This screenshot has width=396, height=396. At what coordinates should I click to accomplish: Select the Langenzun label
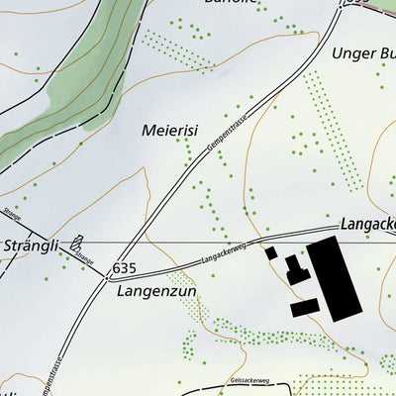pos(157,292)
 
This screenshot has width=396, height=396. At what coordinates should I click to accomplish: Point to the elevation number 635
pos(124,268)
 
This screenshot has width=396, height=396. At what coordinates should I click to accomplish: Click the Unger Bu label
pos(350,53)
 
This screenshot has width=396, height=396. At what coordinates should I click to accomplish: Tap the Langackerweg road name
pos(223,255)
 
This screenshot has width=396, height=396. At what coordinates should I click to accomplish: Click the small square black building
pos(271,253)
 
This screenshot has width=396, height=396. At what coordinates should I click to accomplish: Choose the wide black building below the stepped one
pos(303,308)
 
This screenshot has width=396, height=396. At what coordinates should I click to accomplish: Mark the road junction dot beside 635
pos(107,277)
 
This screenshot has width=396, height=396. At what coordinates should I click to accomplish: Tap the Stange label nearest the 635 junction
pos(83,261)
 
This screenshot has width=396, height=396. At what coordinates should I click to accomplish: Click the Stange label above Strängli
pos(12,213)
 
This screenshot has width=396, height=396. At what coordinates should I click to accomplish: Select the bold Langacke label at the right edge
pos(367,225)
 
